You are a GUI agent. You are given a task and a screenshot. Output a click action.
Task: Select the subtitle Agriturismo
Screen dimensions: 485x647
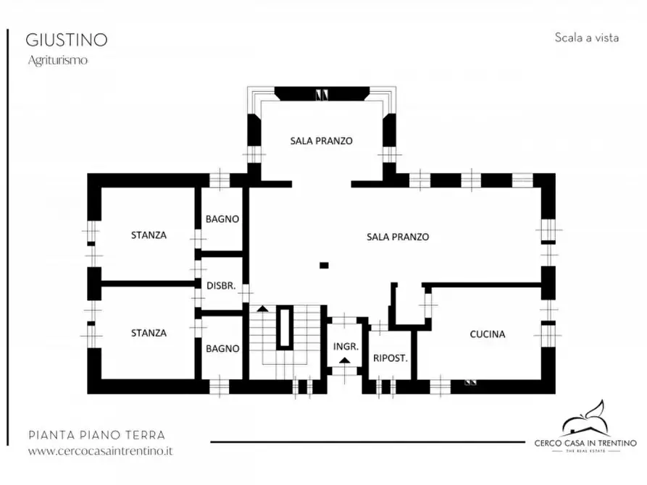(58, 61)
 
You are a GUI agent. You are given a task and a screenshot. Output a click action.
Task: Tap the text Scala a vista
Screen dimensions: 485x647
(586, 38)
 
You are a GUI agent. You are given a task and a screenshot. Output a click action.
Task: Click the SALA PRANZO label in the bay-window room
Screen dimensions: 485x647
(321, 141)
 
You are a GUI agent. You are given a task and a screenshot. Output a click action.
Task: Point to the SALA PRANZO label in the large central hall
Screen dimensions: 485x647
(397, 237)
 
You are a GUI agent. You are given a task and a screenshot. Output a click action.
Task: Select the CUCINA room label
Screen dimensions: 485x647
(487, 334)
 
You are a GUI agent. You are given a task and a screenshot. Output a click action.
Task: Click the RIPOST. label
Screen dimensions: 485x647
(391, 358)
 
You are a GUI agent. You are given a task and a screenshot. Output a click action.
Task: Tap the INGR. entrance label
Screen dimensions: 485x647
(345, 346)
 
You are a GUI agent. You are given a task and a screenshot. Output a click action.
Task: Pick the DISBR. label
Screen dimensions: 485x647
(220, 286)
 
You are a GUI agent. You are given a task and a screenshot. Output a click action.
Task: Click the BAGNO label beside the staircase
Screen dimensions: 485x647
(222, 348)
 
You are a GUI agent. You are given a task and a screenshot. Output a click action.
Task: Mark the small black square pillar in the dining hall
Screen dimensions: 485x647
(324, 265)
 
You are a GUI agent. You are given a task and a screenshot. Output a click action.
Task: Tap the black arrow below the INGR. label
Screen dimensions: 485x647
(346, 360)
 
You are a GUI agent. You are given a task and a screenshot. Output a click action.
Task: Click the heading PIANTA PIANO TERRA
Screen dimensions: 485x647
(96, 435)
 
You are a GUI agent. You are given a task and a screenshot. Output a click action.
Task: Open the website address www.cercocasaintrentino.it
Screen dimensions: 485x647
(100, 450)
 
